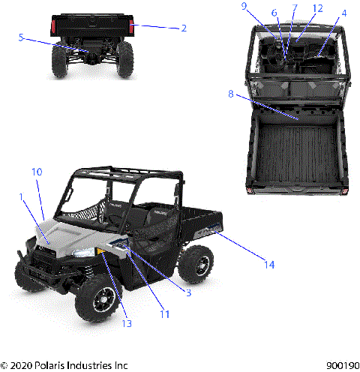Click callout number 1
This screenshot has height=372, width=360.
(22, 197)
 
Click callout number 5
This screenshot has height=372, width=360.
(21, 37)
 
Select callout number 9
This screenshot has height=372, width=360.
(264, 6)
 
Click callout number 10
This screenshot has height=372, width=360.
(36, 172)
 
